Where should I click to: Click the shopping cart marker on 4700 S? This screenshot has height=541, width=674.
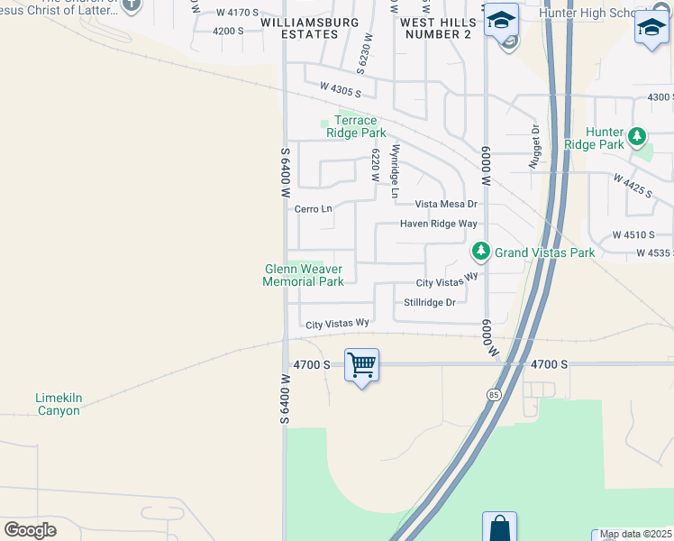(x=361, y=365)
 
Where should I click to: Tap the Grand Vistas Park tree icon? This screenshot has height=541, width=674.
(x=481, y=251)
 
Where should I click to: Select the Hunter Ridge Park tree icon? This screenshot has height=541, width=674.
(x=638, y=136)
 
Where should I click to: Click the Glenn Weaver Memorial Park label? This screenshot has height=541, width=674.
(x=303, y=275)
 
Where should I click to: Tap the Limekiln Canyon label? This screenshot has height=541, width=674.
(x=58, y=404)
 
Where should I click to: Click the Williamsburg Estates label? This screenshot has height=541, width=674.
(x=299, y=28)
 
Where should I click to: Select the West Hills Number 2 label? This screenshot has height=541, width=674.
(x=435, y=28)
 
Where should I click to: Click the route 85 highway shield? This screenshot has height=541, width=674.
(x=494, y=395)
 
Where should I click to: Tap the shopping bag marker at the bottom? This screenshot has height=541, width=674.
(x=499, y=527)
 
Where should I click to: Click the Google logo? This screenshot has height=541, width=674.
(x=30, y=530)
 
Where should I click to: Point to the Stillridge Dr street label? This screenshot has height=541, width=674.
(x=430, y=302)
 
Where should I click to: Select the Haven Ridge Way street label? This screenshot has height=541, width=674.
(x=439, y=224)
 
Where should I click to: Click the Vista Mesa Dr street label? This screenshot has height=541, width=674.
(x=445, y=205)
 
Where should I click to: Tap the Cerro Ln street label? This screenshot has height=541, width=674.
(x=314, y=209)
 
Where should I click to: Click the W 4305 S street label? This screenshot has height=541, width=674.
(x=340, y=88)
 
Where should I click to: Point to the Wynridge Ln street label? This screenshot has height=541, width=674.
(x=394, y=170)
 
